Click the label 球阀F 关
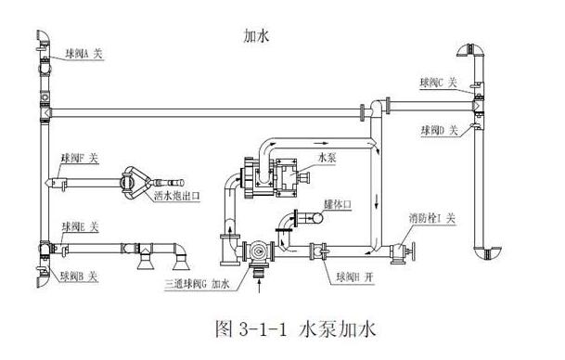pos(81,160)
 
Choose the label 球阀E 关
pos(82,227)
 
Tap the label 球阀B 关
pos(81,276)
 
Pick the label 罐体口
pos(335,202)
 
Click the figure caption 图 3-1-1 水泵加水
pos(281,328)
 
